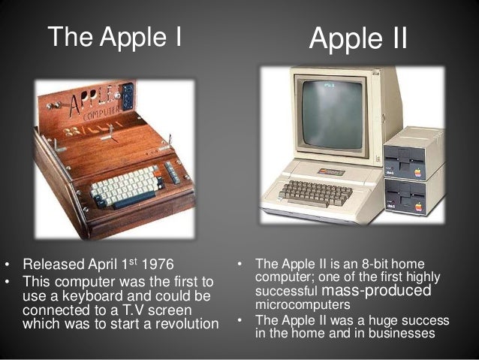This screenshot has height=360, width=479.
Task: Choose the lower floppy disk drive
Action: pyautogui.click(x=413, y=197)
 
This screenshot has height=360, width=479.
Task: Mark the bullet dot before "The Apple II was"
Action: pyautogui.click(x=240, y=321)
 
